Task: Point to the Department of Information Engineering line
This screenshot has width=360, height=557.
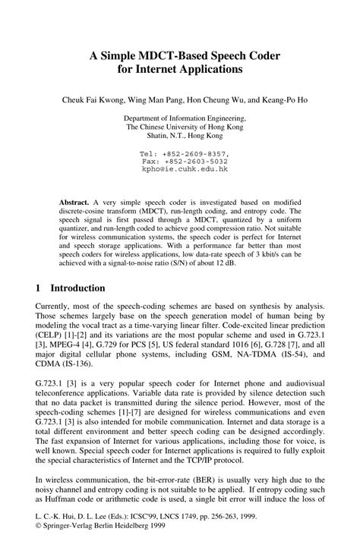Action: tap(185, 118)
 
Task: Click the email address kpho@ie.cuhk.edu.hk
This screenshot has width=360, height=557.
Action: tap(185, 170)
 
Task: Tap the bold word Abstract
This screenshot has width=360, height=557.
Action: tap(74, 204)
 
